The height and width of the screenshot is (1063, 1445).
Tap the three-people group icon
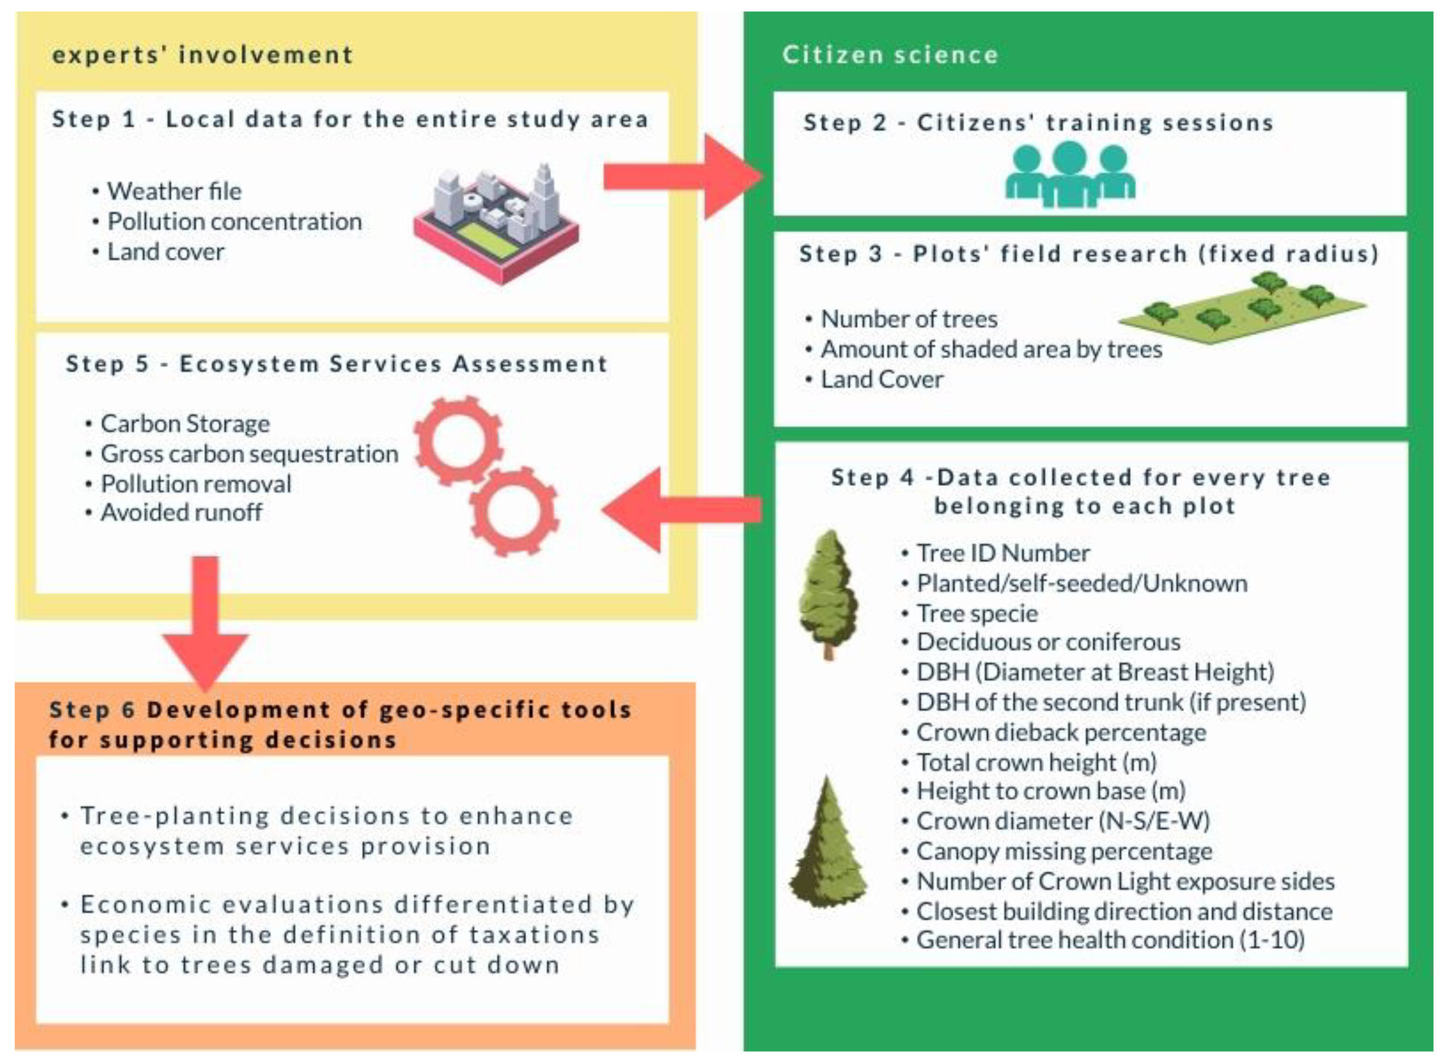[1069, 175]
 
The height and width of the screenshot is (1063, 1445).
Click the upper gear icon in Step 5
[458, 440]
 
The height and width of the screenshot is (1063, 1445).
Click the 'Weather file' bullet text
[174, 191]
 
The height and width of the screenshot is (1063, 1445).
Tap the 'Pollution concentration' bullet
[234, 221]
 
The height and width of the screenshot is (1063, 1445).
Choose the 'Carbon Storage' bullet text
[185, 423]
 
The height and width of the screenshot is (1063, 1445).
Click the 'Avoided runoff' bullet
[181, 512]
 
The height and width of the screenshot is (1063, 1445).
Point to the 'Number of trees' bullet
[909, 318]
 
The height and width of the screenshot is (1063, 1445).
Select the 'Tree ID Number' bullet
[1002, 553]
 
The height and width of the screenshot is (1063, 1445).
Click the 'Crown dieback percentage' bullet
[1060, 732]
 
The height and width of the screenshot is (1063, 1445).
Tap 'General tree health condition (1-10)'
[1110, 940]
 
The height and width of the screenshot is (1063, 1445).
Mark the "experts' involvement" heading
[203, 55]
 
